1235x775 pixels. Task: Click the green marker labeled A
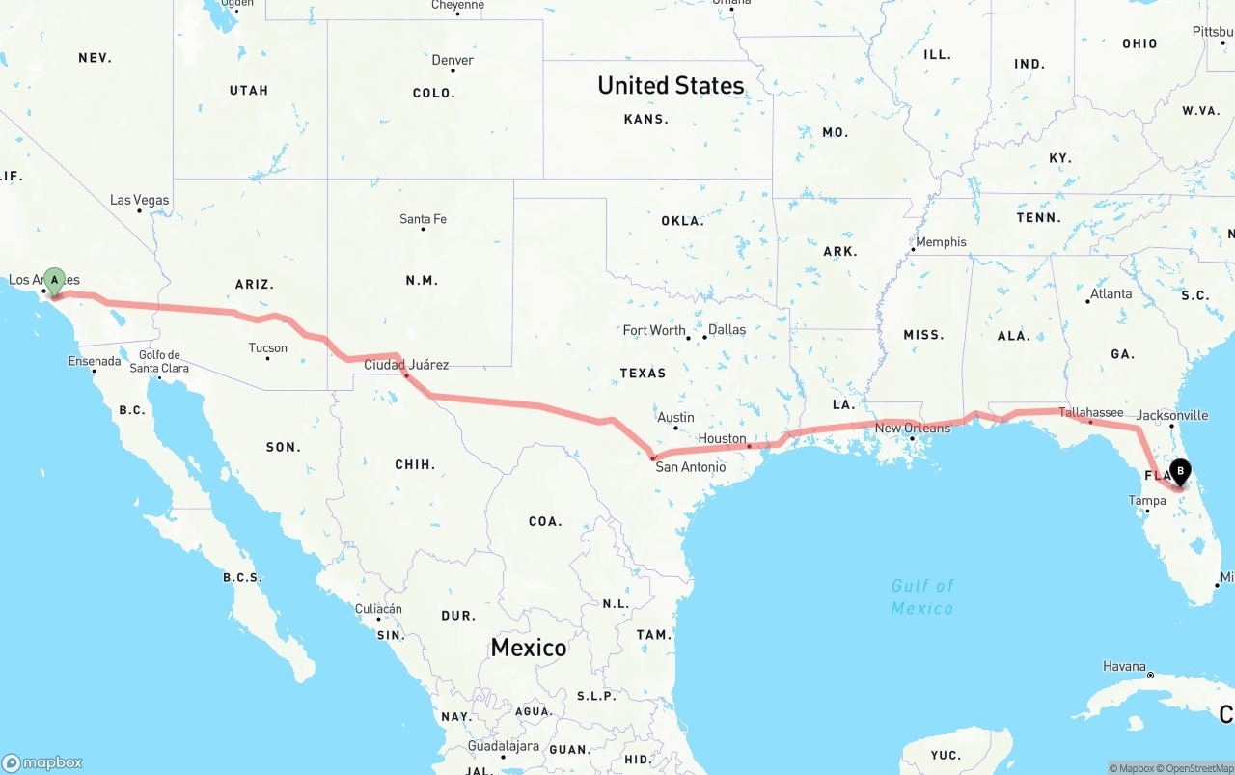point(55,281)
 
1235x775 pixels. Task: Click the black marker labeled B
point(1179,472)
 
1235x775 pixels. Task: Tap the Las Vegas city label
point(139,200)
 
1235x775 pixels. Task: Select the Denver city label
point(453,60)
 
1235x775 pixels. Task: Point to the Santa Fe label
point(423,219)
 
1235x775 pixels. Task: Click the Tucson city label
point(267,347)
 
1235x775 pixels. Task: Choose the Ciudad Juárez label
point(406,365)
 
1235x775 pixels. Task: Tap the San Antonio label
point(690,467)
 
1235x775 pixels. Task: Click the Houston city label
point(722,438)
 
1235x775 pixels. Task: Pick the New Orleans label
point(912,428)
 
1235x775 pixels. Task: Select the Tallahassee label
point(1091,412)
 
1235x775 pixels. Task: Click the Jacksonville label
point(1172,415)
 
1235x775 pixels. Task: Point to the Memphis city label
point(941,242)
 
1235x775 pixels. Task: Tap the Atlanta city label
point(1111,293)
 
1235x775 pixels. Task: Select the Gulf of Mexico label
point(922,596)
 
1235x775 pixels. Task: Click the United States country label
point(671,85)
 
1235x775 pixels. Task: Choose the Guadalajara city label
point(503,746)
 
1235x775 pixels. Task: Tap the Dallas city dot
point(702,338)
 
